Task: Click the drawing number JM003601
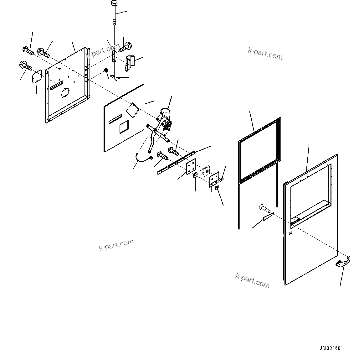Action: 331,348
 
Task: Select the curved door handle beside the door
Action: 343,262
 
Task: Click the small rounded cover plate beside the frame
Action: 36,76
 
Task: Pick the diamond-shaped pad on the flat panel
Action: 132,109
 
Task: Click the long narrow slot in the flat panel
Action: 115,118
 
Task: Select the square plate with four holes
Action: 191,166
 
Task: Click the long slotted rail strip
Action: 176,162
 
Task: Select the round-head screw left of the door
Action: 265,208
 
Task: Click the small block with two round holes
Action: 204,171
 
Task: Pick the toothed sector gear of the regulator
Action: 165,112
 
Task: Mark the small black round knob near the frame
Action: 106,70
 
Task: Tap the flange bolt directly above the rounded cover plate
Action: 26,65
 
